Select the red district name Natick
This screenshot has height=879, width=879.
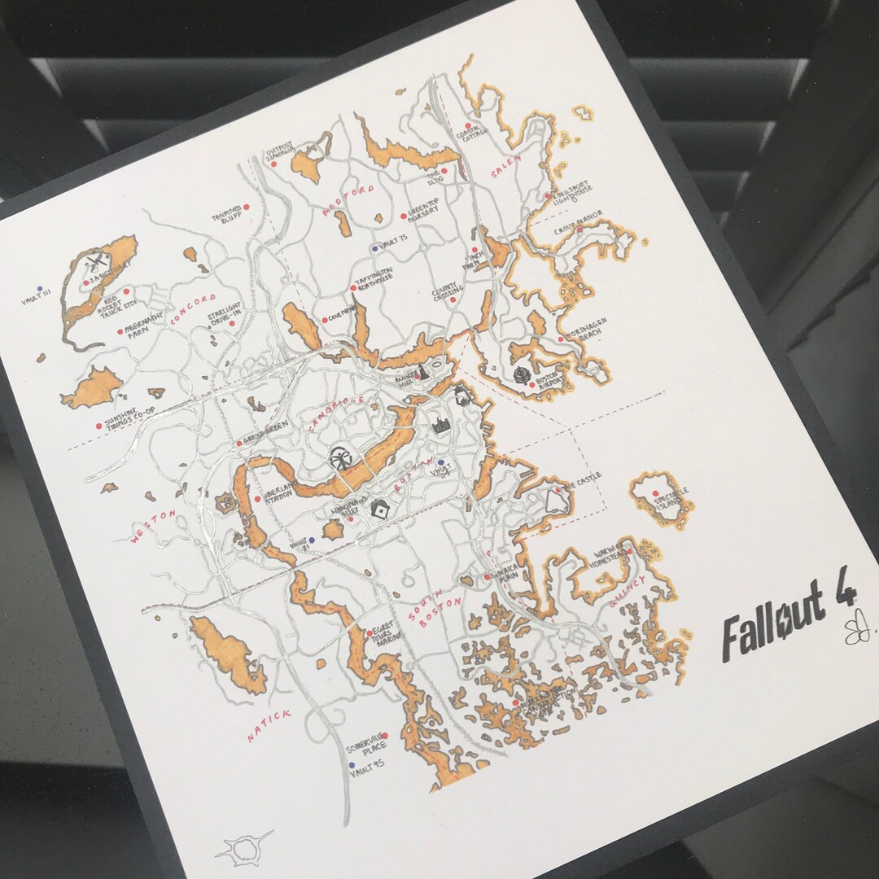point(269,725)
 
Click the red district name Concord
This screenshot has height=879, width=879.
point(193,310)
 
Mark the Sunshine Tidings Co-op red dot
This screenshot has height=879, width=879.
point(98,426)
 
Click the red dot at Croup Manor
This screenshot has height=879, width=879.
point(579,230)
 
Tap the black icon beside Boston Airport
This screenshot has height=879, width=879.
point(521,374)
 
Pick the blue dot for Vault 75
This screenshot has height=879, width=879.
point(374,248)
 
